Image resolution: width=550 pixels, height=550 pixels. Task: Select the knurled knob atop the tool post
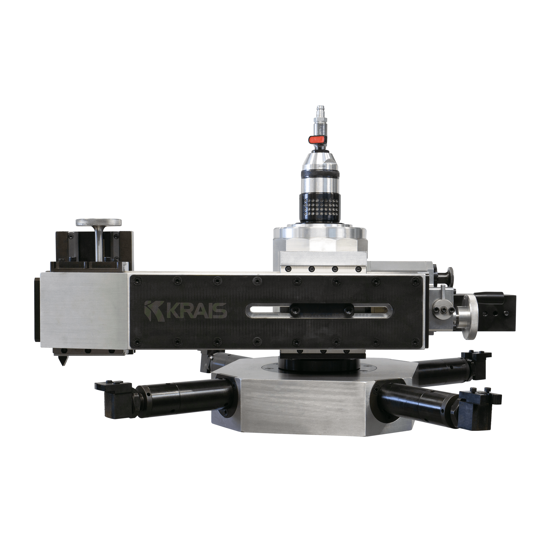[x=98, y=222]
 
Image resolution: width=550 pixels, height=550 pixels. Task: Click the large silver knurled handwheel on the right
[x=468, y=317]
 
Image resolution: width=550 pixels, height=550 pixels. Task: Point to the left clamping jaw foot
[x=117, y=400]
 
